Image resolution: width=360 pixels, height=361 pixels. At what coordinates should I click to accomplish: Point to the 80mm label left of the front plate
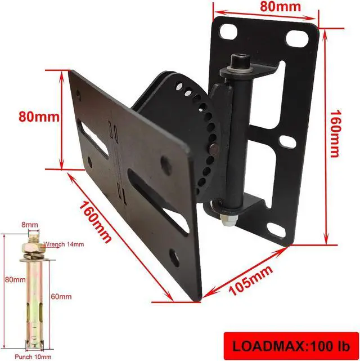(x=39, y=117)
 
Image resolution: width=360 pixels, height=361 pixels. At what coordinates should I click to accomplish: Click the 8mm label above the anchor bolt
(x=30, y=224)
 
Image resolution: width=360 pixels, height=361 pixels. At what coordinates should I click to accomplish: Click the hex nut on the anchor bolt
(x=30, y=246)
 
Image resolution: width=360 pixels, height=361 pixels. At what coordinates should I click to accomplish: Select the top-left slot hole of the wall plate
(x=228, y=32)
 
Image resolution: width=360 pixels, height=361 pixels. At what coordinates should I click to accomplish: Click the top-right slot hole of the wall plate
(x=296, y=38)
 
